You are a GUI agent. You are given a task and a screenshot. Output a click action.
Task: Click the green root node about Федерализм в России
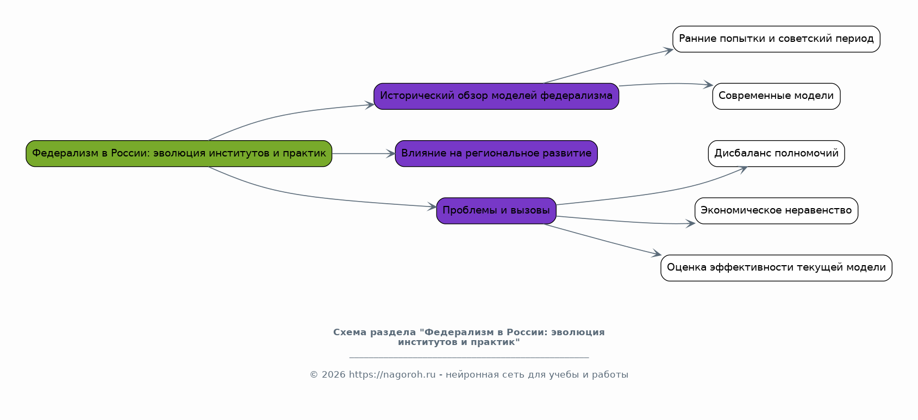coord(179,154)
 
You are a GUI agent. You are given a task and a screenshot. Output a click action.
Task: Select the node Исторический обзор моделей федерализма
coord(496,96)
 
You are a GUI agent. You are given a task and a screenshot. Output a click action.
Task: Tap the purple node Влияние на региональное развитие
coord(496,154)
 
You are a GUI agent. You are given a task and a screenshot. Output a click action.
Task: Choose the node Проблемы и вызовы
coord(496,211)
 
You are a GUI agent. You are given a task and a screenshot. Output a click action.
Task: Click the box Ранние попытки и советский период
coord(776,39)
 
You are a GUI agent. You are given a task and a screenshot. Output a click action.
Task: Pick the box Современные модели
coord(776,96)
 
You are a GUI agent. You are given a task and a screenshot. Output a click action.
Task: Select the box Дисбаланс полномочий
coord(776,154)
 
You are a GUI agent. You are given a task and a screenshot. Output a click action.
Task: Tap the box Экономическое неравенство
coord(776,211)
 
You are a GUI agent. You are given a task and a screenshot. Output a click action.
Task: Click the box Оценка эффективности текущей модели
coord(776,268)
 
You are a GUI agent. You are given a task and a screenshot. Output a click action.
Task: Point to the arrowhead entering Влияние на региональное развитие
coord(391,154)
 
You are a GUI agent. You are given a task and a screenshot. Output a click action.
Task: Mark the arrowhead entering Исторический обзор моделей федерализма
coord(370,105)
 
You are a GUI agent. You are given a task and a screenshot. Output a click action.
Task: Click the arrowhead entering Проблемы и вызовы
coord(432,206)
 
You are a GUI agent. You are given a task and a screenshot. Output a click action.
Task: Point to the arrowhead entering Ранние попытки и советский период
coord(669,51)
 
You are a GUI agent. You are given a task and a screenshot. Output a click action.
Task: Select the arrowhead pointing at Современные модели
coord(708,85)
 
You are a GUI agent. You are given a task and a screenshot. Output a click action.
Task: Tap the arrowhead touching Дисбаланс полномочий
coord(742,169)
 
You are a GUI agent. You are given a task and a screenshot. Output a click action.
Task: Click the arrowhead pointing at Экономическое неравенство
coord(691,223)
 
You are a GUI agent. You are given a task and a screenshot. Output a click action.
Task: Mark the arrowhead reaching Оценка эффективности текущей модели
coord(657,254)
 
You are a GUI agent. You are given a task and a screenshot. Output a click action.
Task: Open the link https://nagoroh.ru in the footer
coord(392,374)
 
